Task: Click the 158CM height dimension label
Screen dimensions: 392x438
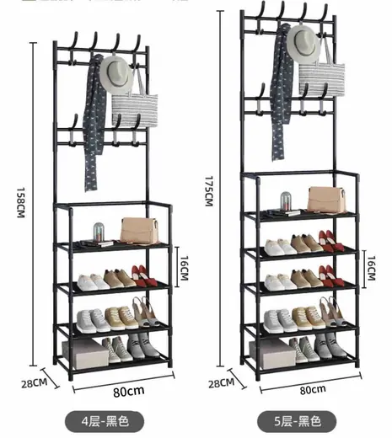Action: point(21,202)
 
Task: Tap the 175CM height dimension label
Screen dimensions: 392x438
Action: point(209,191)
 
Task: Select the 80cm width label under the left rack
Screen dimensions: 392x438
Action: point(129,392)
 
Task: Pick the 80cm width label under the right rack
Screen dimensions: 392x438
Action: point(313,390)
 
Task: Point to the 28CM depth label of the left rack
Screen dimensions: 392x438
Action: point(35,383)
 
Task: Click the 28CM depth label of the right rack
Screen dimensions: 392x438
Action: point(221,383)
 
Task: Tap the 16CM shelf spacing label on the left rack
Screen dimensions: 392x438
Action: point(184,268)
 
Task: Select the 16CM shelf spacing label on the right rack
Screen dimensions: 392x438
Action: point(371,268)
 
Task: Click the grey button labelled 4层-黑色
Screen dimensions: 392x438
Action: point(105,421)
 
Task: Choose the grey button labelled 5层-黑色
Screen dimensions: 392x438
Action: point(297,421)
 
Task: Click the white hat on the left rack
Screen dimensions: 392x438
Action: point(116,74)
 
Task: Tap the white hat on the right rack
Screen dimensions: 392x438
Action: point(303,44)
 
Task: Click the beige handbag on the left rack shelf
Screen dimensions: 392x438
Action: point(139,230)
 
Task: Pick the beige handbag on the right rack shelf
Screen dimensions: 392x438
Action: point(326,199)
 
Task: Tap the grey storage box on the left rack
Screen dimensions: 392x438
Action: point(85,353)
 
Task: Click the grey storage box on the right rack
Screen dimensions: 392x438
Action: point(272,353)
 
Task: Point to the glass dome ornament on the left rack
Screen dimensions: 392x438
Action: point(99,232)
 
